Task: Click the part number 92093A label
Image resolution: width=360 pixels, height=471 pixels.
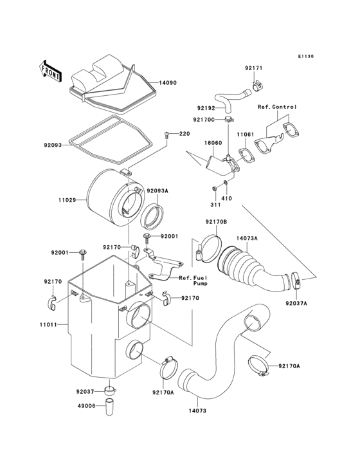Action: click(x=156, y=190)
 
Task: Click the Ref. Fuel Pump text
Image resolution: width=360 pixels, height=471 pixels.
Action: click(x=193, y=281)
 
